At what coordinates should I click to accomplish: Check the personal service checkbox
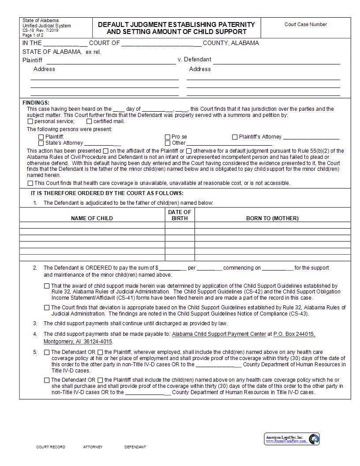pos(30,121)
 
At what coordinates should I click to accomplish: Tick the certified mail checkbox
pos(89,121)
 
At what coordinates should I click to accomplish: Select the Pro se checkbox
pos(168,137)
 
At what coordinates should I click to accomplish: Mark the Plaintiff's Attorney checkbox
pos(235,137)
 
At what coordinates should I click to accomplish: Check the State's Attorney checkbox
pos(41,143)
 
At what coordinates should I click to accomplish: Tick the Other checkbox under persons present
pos(168,143)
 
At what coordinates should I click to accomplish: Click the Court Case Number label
pos(306,25)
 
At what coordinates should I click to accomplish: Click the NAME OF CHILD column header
pos(92,218)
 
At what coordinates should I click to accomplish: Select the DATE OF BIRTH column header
pos(180,215)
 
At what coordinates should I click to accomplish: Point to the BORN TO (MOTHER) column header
pos(272,218)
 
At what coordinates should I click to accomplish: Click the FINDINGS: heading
pos(36,103)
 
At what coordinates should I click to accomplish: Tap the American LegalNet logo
pos(314,439)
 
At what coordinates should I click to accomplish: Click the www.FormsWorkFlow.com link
pos(285,441)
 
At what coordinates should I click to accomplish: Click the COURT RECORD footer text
pos(51,447)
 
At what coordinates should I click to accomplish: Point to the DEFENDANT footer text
pos(135,447)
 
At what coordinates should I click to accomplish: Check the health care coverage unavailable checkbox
pos(30,183)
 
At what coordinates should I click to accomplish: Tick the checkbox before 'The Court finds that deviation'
pos(47,308)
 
